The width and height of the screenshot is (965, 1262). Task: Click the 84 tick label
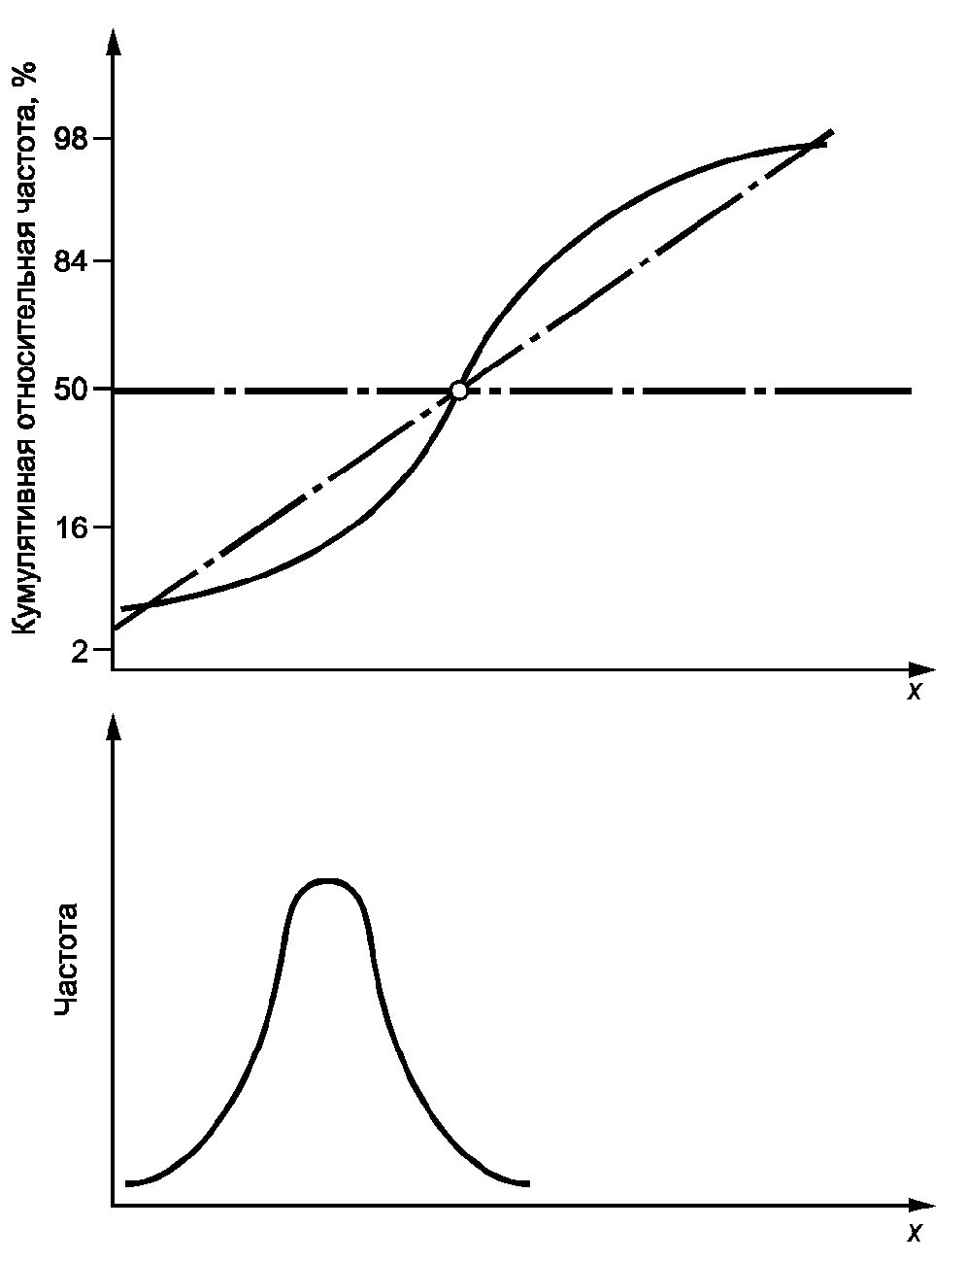click(73, 261)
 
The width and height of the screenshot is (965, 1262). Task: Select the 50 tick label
click(73, 391)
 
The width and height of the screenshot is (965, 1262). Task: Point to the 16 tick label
click(73, 529)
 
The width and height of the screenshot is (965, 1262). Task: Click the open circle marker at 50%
click(459, 391)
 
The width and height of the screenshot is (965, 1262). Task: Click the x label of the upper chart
click(913, 692)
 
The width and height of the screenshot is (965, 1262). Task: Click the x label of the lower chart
click(913, 1232)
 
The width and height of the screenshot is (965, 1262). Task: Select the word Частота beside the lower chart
click(66, 960)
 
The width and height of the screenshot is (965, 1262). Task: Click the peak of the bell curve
click(328, 881)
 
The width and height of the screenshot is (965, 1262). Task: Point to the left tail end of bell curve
click(128, 1183)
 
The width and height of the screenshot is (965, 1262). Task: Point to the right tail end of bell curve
click(527, 1183)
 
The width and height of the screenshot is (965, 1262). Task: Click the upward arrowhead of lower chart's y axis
click(114, 727)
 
